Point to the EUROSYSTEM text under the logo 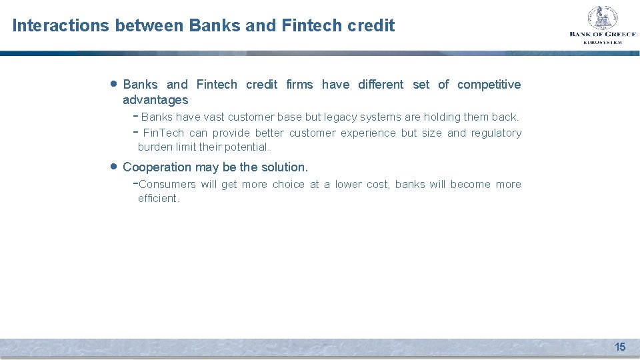coord(602,42)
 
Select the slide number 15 coord(620,347)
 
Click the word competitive coord(489,85)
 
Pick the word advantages coord(155,100)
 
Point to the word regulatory coord(496,133)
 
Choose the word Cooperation coord(157,167)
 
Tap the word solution coord(285,167)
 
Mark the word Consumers coord(167,185)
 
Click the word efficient coord(158,199)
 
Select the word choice coord(288,185)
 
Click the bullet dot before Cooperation coord(113,165)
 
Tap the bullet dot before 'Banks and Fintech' coord(113,83)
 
